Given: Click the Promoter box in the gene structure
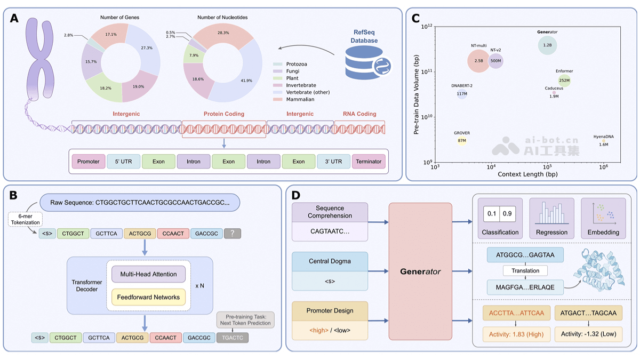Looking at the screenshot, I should tap(88, 162).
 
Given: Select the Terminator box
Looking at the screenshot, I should tap(369, 162).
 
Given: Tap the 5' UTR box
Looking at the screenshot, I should tap(123, 162).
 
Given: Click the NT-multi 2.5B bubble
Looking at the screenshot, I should tap(479, 61).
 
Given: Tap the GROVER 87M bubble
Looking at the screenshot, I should tap(462, 141).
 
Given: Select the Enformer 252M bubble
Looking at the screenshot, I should tap(564, 81).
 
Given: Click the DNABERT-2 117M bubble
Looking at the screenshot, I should tap(462, 94).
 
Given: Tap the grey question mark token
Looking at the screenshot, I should tap(233, 233).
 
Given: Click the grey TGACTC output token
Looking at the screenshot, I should tap(233, 338).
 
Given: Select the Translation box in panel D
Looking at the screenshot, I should tap(525, 271).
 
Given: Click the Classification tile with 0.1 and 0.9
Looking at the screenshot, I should tap(500, 218).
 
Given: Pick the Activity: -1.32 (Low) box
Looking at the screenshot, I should tap(587, 334).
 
